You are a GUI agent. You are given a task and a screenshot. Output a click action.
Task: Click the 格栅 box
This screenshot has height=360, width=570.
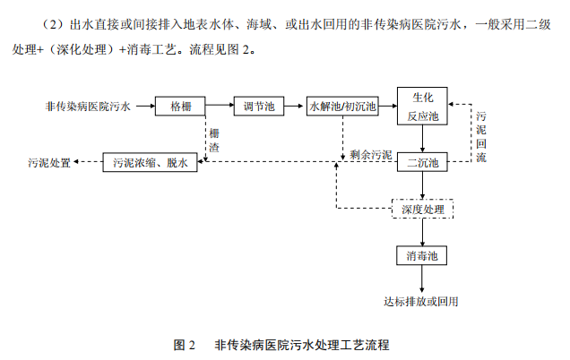point(180,107)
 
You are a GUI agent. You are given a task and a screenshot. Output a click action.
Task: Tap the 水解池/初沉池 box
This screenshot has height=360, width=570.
point(342,107)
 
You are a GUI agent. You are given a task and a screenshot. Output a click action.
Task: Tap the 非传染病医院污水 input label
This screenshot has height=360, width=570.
point(88,107)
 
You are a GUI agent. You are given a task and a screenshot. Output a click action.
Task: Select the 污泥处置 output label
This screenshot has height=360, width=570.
point(48,163)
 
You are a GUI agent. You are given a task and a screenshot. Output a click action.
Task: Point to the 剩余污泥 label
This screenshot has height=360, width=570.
point(371,154)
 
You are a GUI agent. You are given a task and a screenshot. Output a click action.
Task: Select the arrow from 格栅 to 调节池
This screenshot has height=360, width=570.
point(220,107)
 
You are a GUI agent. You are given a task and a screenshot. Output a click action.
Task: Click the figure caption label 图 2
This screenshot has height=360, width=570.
point(184,344)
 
